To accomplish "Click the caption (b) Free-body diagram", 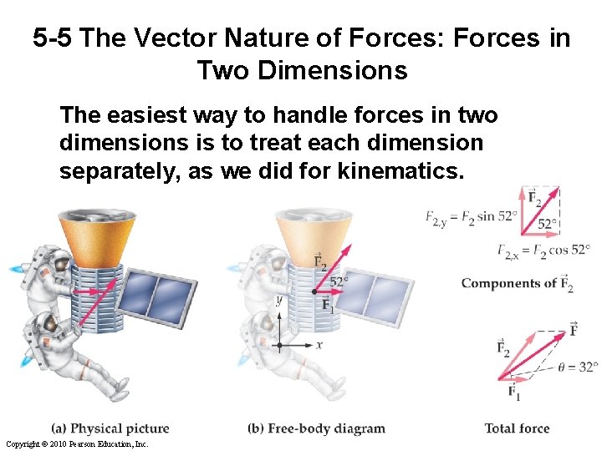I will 316,428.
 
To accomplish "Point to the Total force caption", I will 517,428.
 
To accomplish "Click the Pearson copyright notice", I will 65,444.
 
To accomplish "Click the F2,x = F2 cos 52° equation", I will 543,250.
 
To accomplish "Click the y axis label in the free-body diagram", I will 278,299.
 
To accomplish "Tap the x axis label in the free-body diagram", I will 319,344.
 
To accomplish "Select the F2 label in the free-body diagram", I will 319,261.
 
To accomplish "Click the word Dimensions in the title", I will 302,70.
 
